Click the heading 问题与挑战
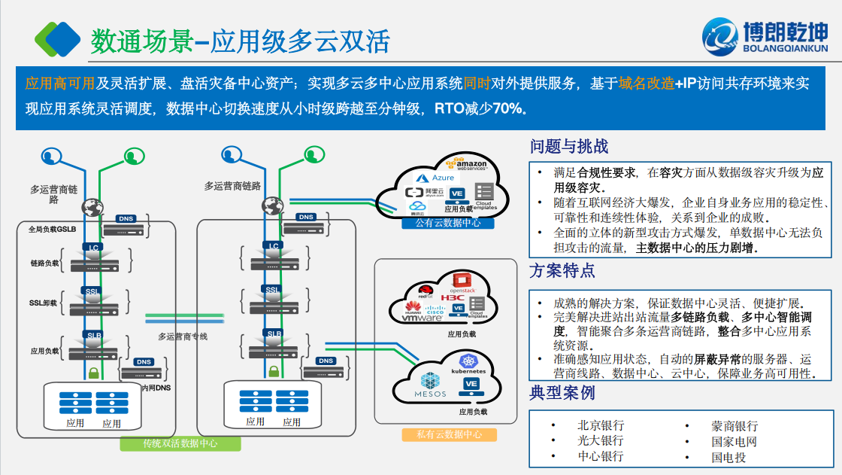(x=569, y=146)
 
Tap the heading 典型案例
(x=562, y=392)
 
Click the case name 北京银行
(x=601, y=425)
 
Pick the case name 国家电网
(x=734, y=441)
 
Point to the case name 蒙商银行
(x=734, y=425)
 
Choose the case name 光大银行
(x=601, y=440)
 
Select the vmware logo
(x=420, y=318)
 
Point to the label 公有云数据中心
(x=448, y=223)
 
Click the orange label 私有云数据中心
(x=449, y=434)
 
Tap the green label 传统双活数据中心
(x=180, y=443)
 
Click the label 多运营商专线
(x=182, y=336)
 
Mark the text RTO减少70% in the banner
(x=478, y=108)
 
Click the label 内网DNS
(x=156, y=388)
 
